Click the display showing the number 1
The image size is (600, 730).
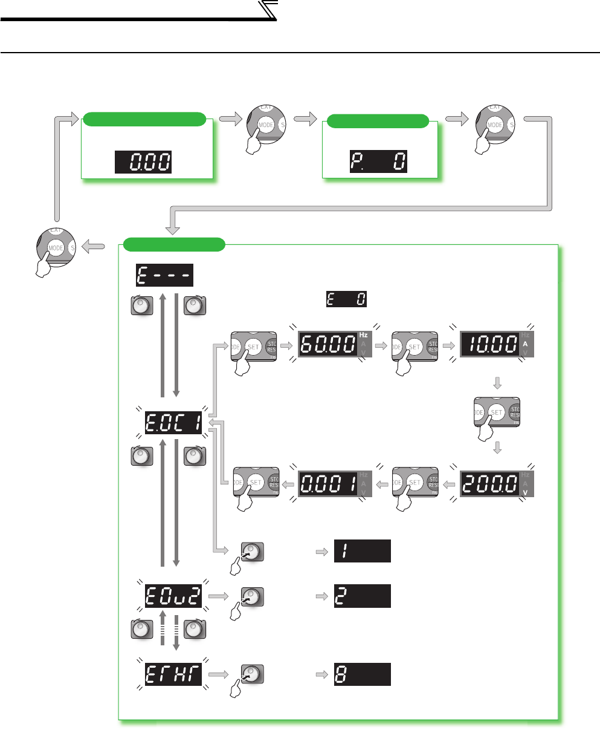[x=362, y=550]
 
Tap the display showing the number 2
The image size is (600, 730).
[x=362, y=596]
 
